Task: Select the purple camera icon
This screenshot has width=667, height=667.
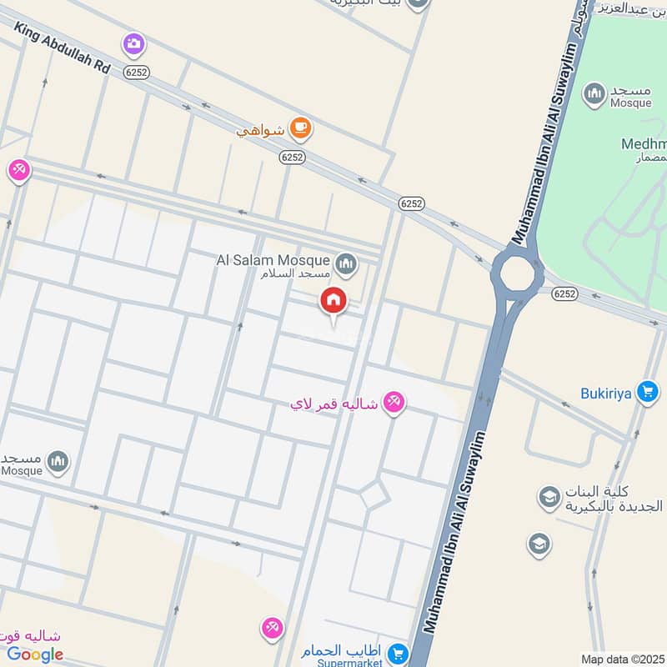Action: (133, 43)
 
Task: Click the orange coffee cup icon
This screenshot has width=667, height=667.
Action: (299, 128)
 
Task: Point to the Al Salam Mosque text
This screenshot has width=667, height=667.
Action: (273, 260)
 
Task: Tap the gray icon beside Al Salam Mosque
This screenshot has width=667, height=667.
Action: (346, 265)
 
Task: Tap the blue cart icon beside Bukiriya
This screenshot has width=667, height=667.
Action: (647, 391)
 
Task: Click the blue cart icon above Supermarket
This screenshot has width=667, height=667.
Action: (399, 652)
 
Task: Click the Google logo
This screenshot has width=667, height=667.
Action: (36, 654)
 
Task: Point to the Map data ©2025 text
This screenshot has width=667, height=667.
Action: (620, 659)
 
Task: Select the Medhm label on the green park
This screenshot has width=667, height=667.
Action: (643, 143)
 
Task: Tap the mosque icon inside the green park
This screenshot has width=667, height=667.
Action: (594, 94)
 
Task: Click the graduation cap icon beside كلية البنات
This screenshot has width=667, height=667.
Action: (549, 499)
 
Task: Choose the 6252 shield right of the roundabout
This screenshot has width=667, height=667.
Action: (564, 293)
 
